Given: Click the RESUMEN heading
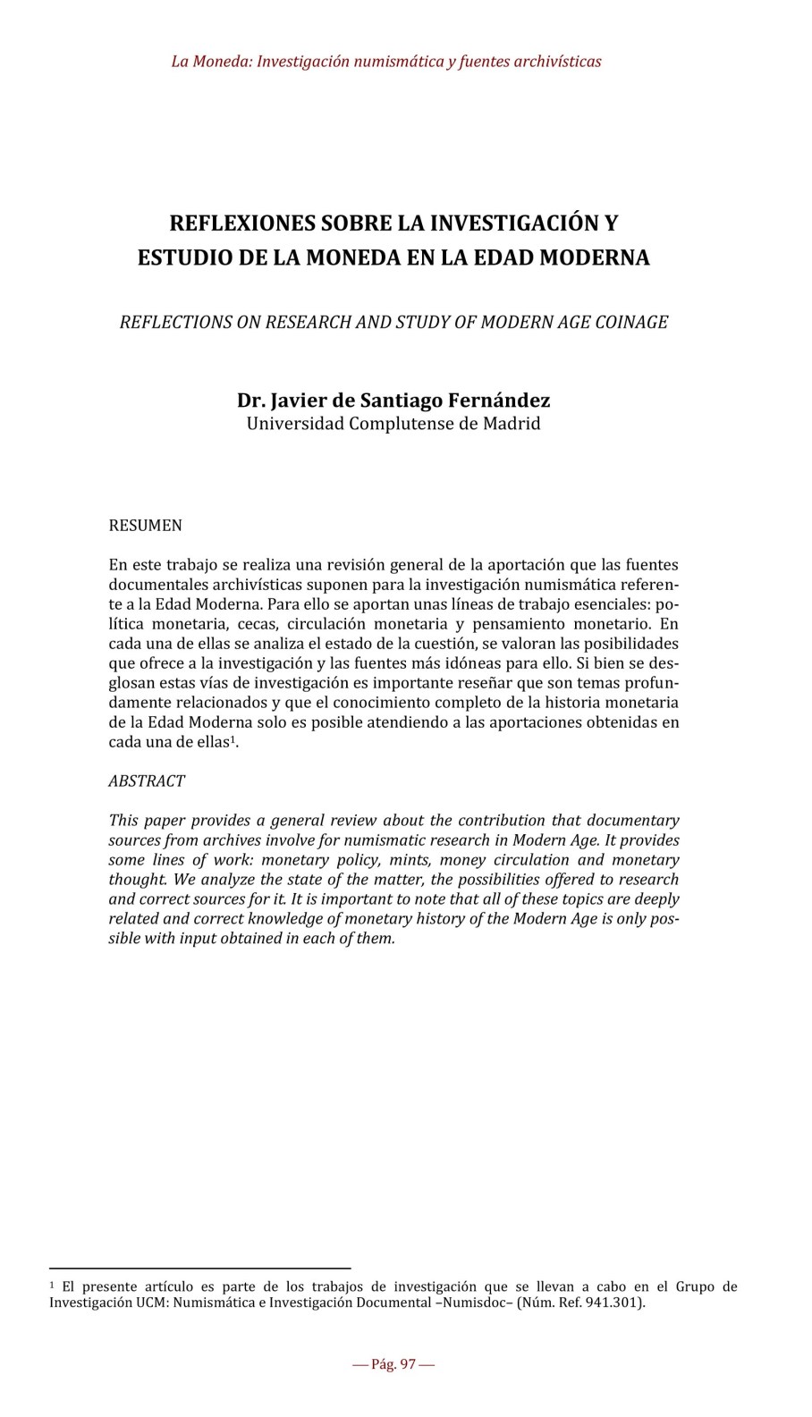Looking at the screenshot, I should pos(145,526).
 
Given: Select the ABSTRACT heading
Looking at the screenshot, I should pos(147,780).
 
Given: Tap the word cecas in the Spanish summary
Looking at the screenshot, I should pos(258,624).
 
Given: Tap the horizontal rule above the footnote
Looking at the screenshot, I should pos(199,1267).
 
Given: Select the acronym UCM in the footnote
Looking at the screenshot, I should pos(152,1303).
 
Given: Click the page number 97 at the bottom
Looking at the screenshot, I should pos(408,1364).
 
